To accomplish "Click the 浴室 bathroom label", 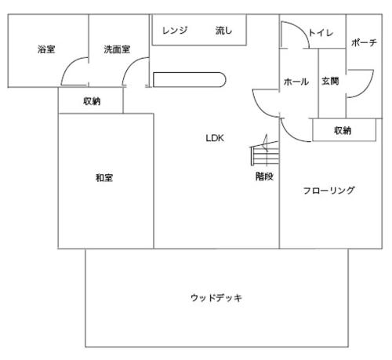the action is click(46, 49).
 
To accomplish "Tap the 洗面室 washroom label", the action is click(117, 49).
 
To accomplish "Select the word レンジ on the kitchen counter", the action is click(175, 31).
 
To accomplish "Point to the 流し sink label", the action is click(223, 31).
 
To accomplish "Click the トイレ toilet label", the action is click(321, 33).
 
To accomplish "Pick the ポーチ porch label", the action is click(364, 42).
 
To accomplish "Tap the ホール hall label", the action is click(296, 82).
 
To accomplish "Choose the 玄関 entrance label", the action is click(330, 81).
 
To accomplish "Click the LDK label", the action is click(215, 138).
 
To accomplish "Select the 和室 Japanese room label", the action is click(104, 178).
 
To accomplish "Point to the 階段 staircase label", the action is click(264, 176).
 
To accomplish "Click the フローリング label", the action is click(328, 191).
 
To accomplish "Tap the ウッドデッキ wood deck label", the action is click(216, 298).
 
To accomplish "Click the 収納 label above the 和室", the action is click(92, 101).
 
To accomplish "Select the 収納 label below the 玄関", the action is click(343, 130).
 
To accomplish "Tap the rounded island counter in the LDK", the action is click(189, 79).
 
